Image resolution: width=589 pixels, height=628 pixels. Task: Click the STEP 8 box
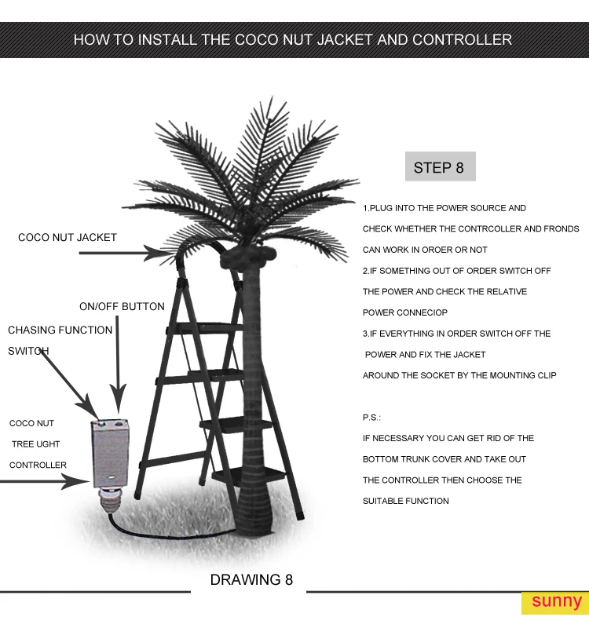pos(439,167)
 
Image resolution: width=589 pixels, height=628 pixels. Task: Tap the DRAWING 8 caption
pos(251,580)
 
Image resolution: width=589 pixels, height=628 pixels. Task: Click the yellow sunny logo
pos(556,602)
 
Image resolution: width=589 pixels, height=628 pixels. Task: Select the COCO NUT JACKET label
pos(68,237)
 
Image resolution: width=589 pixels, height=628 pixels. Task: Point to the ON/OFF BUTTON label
pos(122,306)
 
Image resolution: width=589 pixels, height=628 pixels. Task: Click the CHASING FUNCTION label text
pos(60,330)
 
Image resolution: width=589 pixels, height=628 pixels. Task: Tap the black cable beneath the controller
pos(157,528)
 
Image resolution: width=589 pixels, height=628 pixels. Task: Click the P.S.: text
pos(371,418)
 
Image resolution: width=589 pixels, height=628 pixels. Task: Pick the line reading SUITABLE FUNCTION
pos(405,501)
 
